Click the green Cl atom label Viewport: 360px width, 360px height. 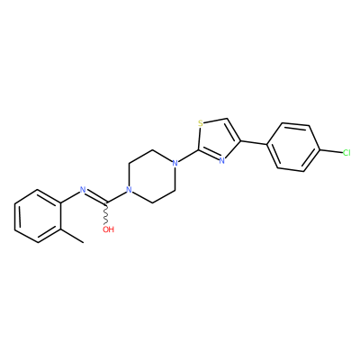(346, 153)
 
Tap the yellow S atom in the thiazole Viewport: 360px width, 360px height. (201, 123)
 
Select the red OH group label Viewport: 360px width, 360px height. (108, 229)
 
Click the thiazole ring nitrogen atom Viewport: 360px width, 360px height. (221, 161)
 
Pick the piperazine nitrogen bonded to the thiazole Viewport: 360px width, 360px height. (175, 164)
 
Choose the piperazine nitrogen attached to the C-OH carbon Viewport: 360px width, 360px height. (129, 190)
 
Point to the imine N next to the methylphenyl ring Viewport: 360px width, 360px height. (83, 190)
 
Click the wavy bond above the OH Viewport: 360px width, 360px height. (106, 215)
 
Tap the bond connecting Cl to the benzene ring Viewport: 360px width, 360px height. (331, 151)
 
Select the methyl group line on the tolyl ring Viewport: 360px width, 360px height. (72, 237)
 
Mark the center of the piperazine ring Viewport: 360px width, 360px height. (152, 176)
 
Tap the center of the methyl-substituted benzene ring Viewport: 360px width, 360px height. (38, 216)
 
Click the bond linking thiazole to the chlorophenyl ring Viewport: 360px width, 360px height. (254, 143)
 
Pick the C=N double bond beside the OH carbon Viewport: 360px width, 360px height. (95, 196)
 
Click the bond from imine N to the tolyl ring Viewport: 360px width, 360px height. (70, 196)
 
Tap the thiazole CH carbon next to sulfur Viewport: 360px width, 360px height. (229, 119)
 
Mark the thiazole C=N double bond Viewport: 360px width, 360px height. (209, 155)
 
